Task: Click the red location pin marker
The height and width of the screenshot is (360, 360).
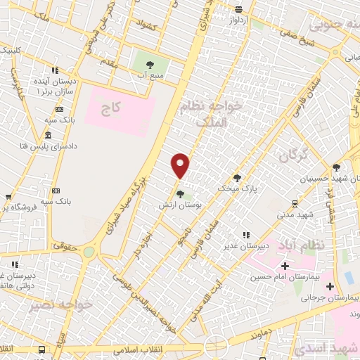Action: [x=181, y=166]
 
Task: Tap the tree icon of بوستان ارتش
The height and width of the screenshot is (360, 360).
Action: [x=181, y=194]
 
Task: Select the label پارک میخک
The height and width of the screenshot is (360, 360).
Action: [x=238, y=188]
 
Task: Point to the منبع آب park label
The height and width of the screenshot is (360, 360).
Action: [x=150, y=75]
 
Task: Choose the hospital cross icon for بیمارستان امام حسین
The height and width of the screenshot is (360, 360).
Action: [x=285, y=266]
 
